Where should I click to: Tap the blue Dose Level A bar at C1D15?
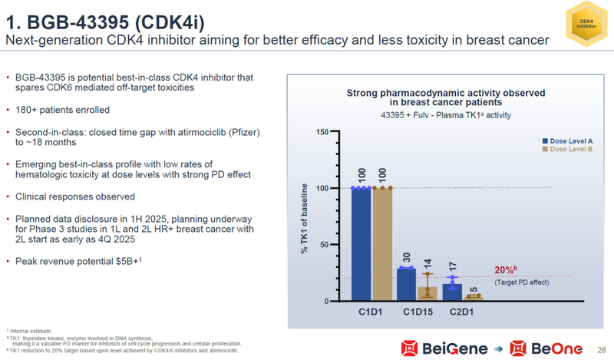[406, 284]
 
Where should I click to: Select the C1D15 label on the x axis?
[417, 312]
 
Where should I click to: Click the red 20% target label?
[504, 271]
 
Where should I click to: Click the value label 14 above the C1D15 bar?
[427, 263]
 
